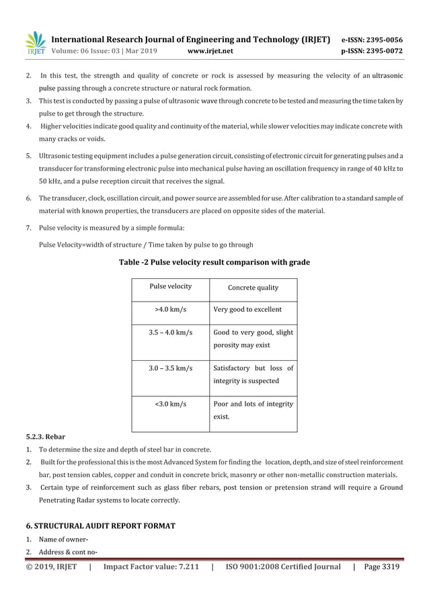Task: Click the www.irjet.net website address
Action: click(211, 50)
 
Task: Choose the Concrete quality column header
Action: click(253, 288)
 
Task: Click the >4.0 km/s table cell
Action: click(170, 310)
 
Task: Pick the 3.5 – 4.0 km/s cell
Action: click(170, 332)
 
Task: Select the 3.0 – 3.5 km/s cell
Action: click(170, 368)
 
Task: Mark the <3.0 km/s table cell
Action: click(170, 404)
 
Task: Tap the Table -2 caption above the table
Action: click(214, 262)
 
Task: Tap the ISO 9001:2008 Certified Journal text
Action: click(282, 567)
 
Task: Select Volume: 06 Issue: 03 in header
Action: click(104, 50)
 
